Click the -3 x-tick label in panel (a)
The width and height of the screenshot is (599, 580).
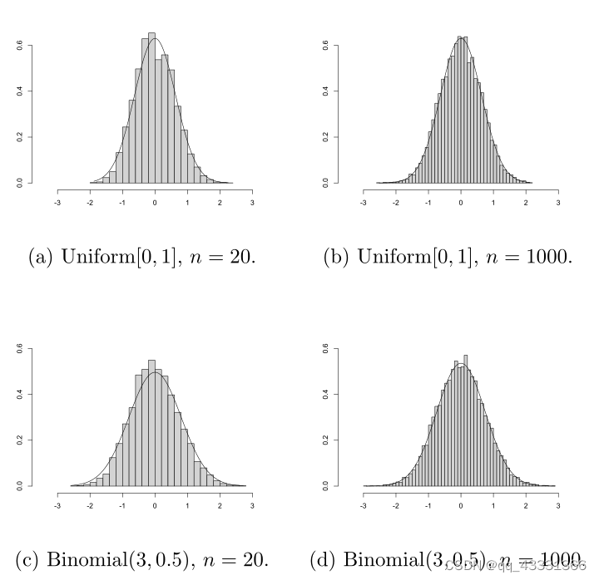(57, 202)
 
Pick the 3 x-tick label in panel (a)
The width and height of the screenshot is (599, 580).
(252, 202)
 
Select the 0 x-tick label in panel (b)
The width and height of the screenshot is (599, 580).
(461, 202)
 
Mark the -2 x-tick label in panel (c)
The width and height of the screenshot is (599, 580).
(90, 504)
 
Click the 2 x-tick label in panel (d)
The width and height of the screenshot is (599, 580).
(526, 504)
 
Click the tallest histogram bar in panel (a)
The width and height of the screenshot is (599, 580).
(151, 108)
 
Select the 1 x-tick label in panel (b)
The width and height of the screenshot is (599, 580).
(493, 202)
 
